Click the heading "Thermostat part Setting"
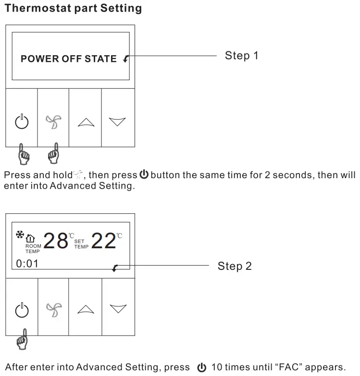73,8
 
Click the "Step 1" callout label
242,56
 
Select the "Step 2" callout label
235,266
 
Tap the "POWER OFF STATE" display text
68,59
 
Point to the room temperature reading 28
56,241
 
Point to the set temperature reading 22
103,241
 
